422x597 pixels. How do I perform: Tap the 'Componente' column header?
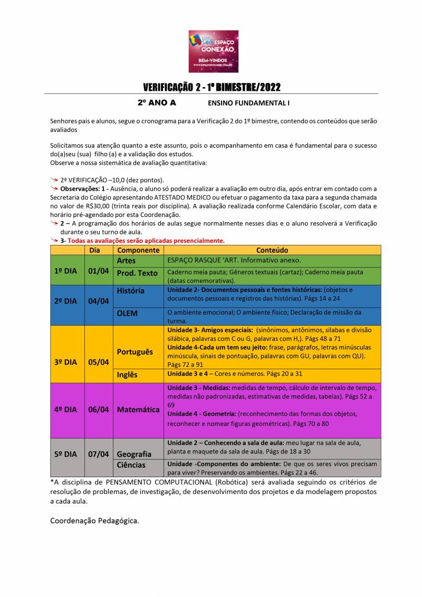(x=138, y=250)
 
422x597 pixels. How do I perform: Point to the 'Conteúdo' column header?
(x=272, y=250)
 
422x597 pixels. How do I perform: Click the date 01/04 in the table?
(x=99, y=270)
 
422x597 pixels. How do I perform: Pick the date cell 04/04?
(x=99, y=301)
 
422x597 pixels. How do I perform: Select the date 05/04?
(x=99, y=362)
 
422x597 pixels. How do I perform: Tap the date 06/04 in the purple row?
(x=99, y=409)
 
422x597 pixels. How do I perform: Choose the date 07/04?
(x=99, y=454)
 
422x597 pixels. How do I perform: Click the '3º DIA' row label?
(x=65, y=362)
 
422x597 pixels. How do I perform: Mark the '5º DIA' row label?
(x=65, y=454)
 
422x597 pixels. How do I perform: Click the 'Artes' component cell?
(x=126, y=260)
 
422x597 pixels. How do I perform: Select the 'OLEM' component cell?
(x=127, y=313)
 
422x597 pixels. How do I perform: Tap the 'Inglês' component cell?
(x=127, y=374)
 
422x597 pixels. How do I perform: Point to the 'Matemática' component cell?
(x=138, y=409)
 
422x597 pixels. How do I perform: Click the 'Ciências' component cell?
(x=131, y=465)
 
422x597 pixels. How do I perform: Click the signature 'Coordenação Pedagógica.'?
(x=95, y=520)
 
